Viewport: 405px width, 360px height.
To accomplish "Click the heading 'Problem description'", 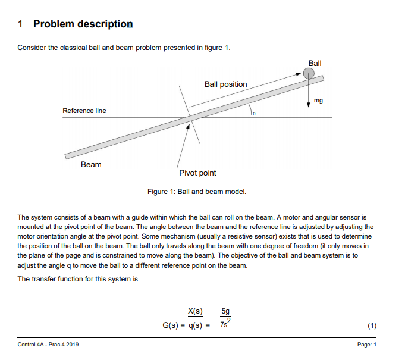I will [x=83, y=24].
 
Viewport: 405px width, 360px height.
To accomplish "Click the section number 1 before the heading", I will [x=21, y=24].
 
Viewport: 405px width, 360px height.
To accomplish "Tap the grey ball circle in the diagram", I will [x=309, y=73].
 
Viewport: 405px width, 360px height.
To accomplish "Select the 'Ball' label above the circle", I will [x=315, y=63].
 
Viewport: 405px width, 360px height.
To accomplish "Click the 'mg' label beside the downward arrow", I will [x=318, y=101].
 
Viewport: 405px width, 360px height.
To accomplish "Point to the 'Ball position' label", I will [x=225, y=84].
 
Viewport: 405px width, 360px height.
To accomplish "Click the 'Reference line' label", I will [x=84, y=111].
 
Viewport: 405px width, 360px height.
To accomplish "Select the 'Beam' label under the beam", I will [x=91, y=164].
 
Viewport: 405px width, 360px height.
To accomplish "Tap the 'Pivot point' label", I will [x=197, y=173].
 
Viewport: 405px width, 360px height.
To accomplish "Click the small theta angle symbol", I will [x=253, y=112].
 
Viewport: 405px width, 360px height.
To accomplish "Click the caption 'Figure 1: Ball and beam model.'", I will [x=196, y=192].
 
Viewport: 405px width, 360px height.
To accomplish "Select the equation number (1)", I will [x=372, y=325].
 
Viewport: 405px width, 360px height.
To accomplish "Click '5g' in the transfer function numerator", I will [x=225, y=311].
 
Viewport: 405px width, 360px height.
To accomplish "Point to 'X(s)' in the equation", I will [x=195, y=311].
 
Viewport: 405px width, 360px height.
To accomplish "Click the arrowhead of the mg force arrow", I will [x=309, y=105].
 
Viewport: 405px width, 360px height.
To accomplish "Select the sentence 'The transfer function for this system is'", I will [x=78, y=279].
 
